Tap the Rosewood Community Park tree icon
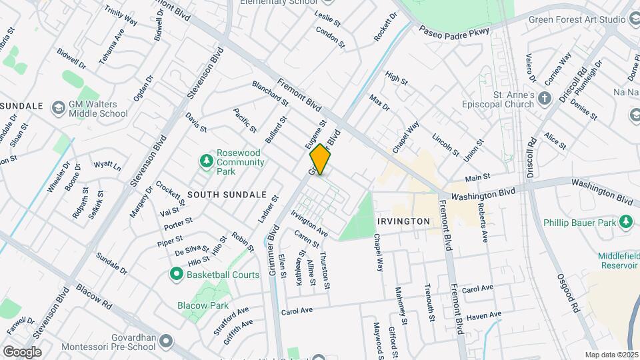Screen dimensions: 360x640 click(x=207, y=161)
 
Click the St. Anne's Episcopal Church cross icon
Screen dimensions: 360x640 click(x=545, y=99)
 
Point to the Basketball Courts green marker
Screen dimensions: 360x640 click(x=177, y=274)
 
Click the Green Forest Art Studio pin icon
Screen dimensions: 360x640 click(x=631, y=19)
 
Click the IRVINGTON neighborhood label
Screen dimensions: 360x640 click(x=403, y=221)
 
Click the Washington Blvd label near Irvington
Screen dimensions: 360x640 click(x=483, y=195)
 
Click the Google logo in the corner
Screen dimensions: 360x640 click(x=22, y=351)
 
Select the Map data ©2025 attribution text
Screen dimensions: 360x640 click(x=611, y=355)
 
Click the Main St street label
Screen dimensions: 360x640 click(x=477, y=178)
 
